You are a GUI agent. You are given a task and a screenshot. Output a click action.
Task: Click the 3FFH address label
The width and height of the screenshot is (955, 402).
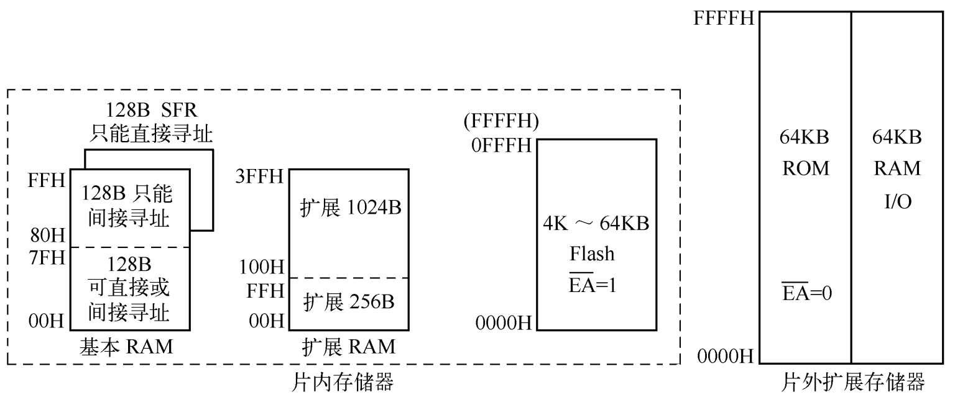[x=259, y=176]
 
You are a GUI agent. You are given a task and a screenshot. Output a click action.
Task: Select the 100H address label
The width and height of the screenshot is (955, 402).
[x=261, y=268]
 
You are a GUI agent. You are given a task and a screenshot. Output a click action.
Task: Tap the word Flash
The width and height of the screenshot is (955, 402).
[x=592, y=254]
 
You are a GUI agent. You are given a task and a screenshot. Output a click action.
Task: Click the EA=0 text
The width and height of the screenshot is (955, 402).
[x=806, y=293]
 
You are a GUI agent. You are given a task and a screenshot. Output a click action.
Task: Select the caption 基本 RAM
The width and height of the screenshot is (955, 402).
[x=126, y=347]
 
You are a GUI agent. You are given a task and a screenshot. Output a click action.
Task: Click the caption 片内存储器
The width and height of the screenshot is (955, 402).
[x=343, y=381]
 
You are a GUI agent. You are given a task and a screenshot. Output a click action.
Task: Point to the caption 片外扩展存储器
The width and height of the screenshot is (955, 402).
[x=852, y=381]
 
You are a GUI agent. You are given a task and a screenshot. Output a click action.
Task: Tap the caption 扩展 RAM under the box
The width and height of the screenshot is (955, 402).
[x=348, y=347]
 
